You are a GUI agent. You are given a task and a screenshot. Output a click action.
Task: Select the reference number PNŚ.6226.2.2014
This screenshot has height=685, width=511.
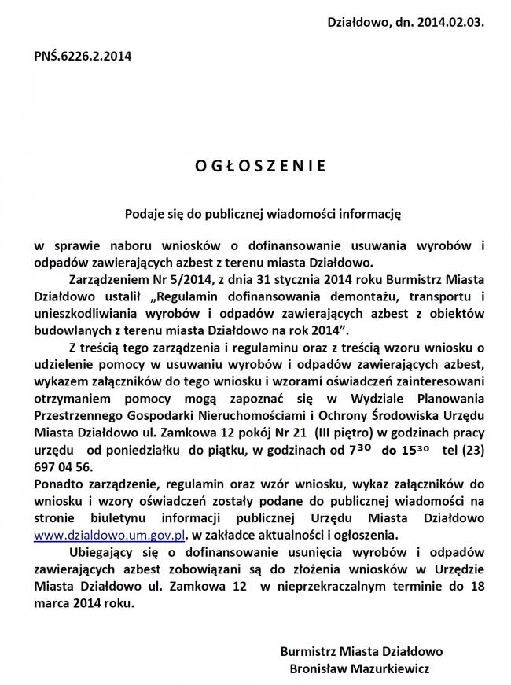click(x=82, y=57)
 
